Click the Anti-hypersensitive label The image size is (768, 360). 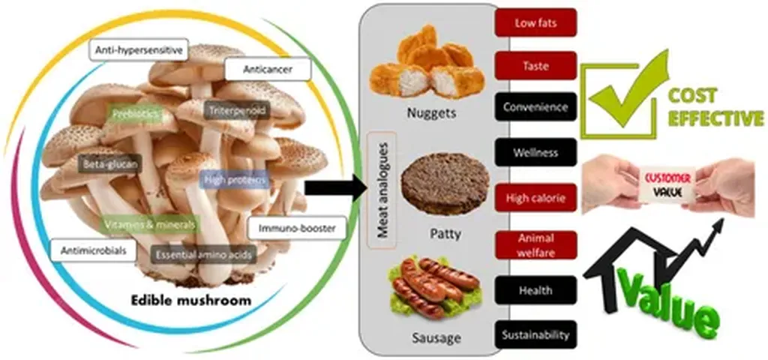tap(139, 50)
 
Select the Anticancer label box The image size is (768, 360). tap(256, 70)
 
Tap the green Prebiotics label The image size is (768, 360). tap(133, 115)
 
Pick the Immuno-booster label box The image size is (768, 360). tap(296, 227)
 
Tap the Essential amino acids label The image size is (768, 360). tap(204, 255)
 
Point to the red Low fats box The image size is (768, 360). tap(535, 23)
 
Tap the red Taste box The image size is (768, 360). tap(535, 65)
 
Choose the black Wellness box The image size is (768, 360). tap(535, 152)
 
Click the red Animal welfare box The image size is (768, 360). tap(535, 245)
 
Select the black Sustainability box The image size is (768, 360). tap(535, 334)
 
